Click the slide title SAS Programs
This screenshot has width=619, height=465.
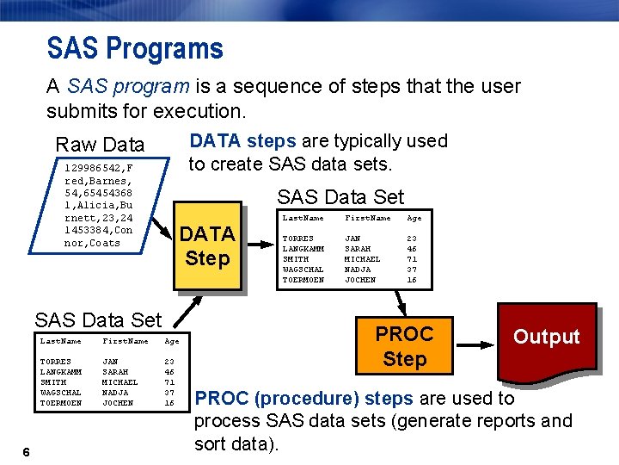135,48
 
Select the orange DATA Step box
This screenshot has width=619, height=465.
207,245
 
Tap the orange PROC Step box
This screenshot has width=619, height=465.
404,345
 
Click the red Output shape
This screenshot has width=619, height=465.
546,338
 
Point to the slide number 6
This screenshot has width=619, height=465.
28,453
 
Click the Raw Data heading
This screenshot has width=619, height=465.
100,144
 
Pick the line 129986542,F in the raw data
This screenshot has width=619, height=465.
99,169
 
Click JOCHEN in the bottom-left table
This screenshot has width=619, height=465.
117,403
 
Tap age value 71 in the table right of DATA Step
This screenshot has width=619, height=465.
412,259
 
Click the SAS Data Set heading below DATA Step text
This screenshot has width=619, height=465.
340,197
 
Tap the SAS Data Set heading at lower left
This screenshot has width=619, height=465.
97,320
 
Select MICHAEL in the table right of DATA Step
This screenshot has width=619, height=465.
362,259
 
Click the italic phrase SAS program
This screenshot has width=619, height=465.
125,87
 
